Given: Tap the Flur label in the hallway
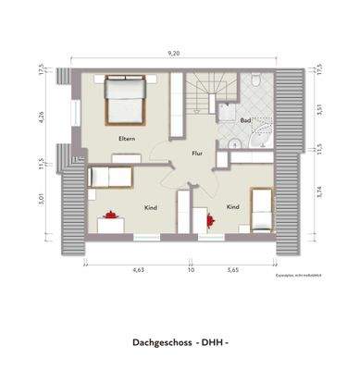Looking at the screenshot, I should (197, 154).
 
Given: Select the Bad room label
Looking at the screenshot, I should (245, 120).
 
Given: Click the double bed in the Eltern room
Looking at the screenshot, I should (124, 100).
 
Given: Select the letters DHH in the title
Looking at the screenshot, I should (216, 342).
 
